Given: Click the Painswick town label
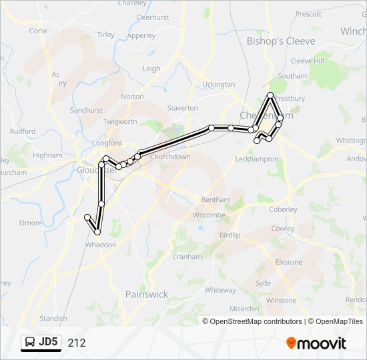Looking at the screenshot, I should coord(147,294).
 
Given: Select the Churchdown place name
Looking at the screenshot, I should coord(170,157).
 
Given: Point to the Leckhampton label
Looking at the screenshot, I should coord(256,159).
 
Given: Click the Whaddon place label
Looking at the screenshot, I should coord(100,245).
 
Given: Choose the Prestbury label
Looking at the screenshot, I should coord(290,99).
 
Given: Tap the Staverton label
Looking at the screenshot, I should coord(182,108).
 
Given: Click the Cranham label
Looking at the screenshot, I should coord(187,257).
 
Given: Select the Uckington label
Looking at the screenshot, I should coord(219,85).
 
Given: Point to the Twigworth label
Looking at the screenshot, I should coord(120,122).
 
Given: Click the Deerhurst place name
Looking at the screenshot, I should coord(153,18).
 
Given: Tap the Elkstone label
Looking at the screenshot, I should coord(289,262).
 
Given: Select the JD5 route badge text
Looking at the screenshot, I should coord(49,343).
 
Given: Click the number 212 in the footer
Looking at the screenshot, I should coord(76,343).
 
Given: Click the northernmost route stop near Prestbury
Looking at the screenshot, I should coord(270,95).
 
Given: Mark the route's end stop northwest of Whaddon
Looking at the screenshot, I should coord(87,217).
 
